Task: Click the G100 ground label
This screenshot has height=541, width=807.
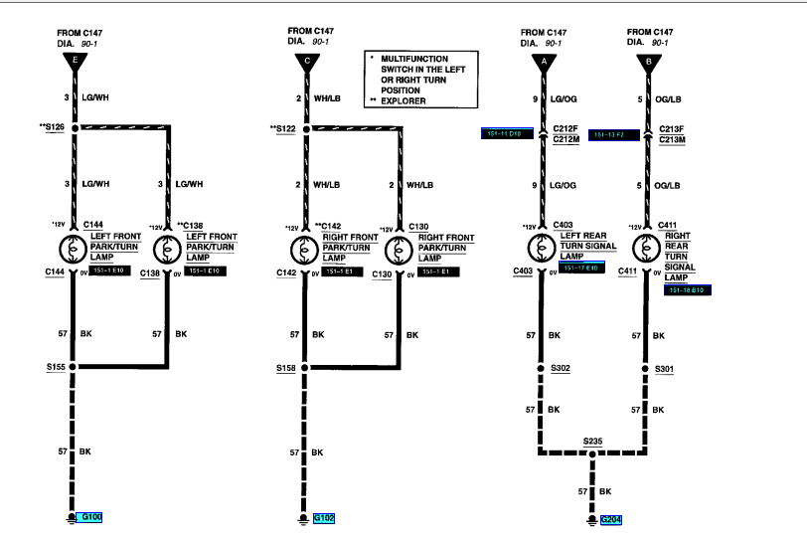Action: tap(91, 517)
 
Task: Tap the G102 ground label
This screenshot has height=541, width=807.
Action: tap(324, 517)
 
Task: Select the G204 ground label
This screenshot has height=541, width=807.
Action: tap(612, 519)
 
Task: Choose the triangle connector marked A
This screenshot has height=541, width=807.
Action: tap(542, 62)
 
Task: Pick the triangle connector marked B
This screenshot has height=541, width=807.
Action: tap(647, 62)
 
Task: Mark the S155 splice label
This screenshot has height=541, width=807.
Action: tap(56, 367)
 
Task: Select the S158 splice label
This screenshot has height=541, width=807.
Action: tap(286, 367)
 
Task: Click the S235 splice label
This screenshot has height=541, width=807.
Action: tap(594, 439)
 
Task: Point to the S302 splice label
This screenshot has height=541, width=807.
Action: tap(561, 369)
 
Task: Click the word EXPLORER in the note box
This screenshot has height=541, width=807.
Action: tap(404, 101)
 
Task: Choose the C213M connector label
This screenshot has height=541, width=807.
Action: tap(672, 139)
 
